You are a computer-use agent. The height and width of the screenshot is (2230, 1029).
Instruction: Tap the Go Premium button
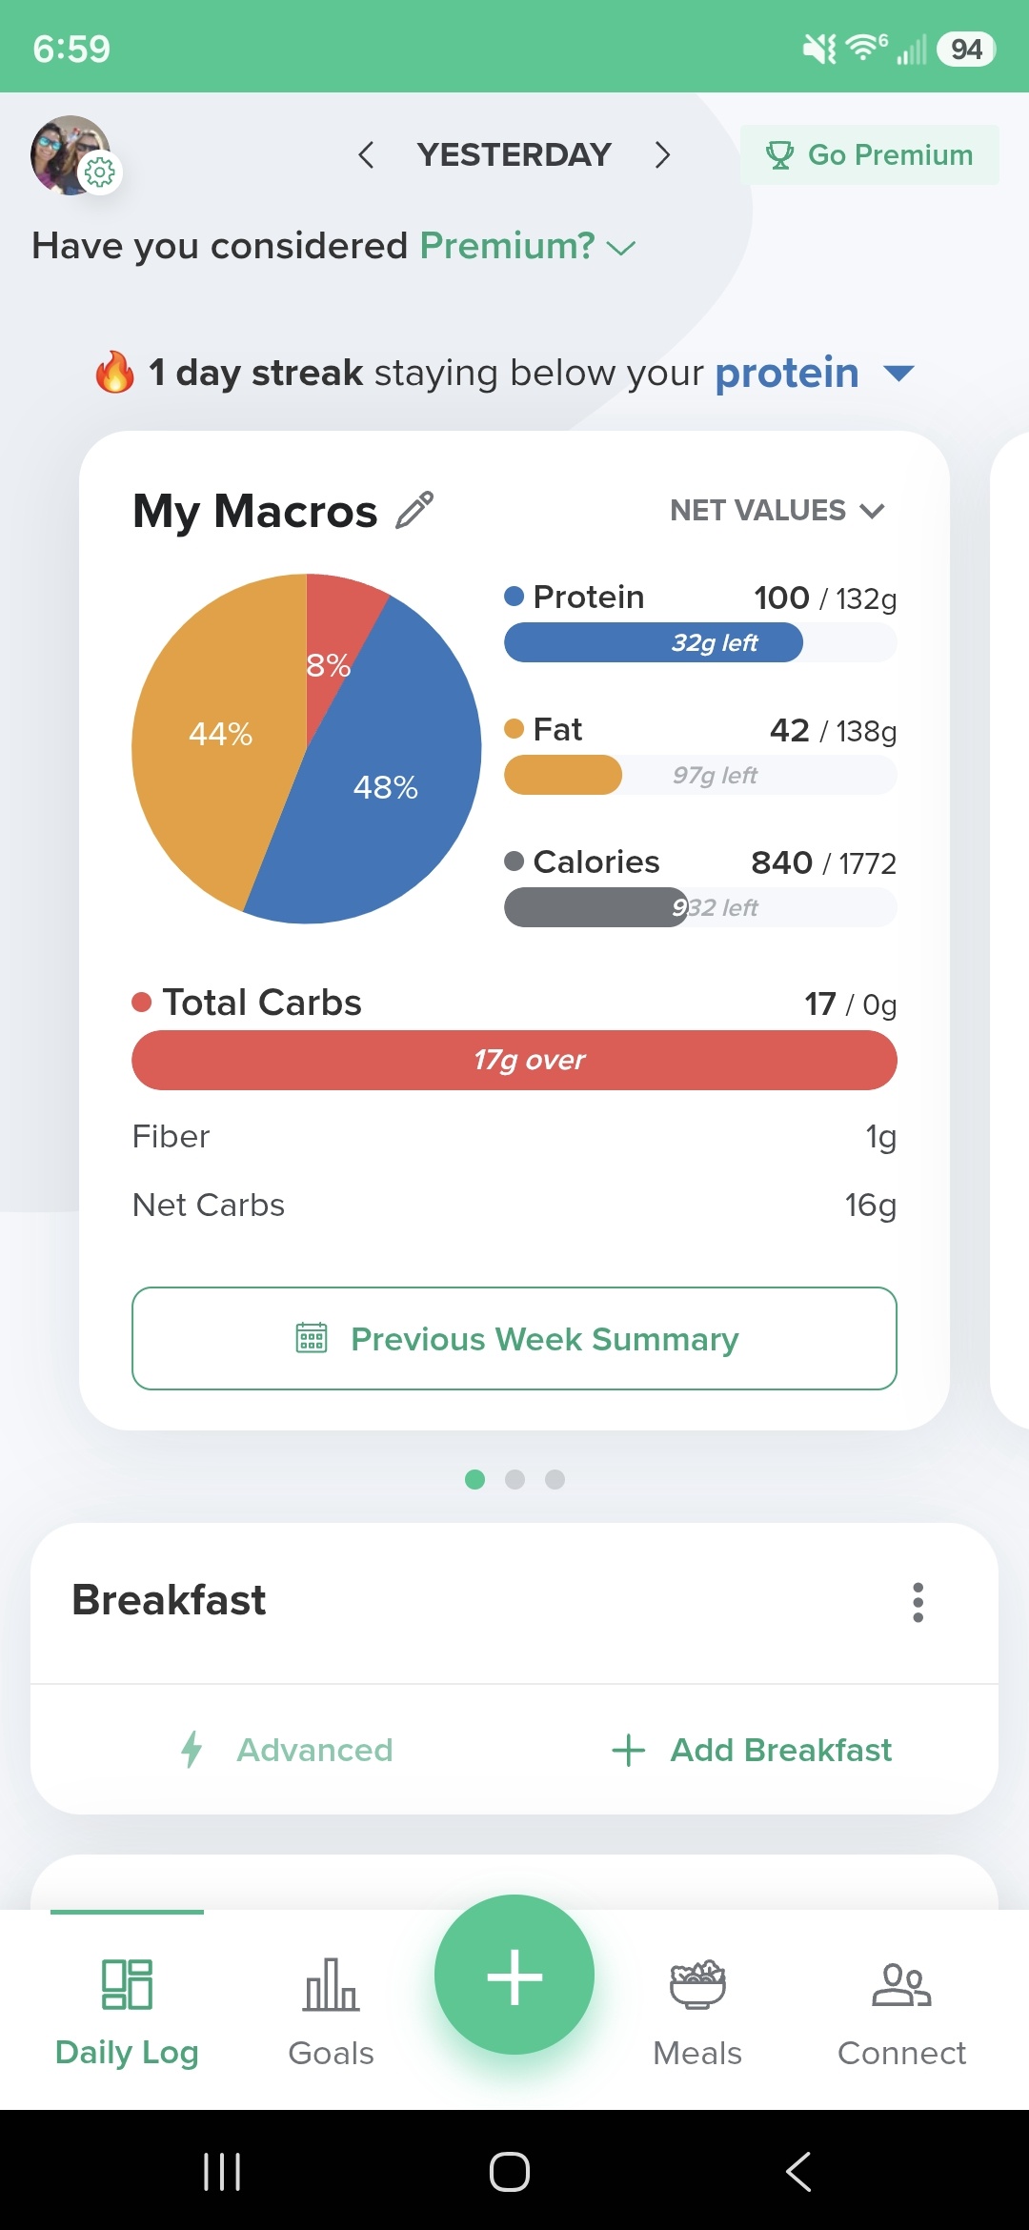point(869,154)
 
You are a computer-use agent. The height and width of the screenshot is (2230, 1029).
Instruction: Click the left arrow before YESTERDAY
point(366,154)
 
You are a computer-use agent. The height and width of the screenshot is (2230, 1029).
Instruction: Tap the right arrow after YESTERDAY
point(663,154)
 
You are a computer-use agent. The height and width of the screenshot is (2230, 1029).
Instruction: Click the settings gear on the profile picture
point(99,172)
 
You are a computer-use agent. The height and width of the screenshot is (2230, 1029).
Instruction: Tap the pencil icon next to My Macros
point(414,510)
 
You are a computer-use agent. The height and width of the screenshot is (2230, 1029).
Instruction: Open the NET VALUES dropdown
point(777,511)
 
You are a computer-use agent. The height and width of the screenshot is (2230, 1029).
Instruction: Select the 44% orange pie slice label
point(220,734)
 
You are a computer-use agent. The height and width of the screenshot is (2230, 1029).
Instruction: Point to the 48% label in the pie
point(386,787)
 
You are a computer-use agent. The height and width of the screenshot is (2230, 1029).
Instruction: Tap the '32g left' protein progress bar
point(700,642)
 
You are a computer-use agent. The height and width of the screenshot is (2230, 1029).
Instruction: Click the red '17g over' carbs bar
point(514,1060)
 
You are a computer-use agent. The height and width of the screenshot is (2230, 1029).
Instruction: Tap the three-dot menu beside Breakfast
point(918,1602)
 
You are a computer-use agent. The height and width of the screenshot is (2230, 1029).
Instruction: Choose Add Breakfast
point(752,1750)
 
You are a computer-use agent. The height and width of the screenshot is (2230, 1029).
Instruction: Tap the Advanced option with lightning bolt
point(287,1750)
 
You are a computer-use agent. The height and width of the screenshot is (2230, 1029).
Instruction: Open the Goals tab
point(331,2012)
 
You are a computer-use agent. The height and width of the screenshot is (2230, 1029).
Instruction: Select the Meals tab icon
point(697,1985)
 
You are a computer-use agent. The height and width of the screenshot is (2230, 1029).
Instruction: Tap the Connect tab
point(901,2012)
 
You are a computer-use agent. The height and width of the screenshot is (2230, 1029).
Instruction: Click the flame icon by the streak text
point(114,372)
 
